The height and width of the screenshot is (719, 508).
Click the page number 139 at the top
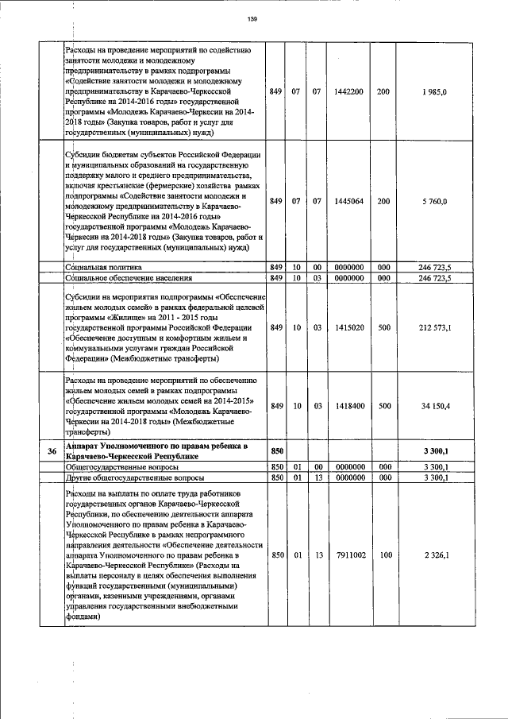click(253, 19)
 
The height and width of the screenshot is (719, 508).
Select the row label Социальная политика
click(103, 268)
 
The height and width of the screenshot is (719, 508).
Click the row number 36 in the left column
click(51, 452)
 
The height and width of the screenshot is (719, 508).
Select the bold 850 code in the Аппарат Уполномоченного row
click(277, 451)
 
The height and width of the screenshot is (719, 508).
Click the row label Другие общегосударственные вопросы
click(133, 478)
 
